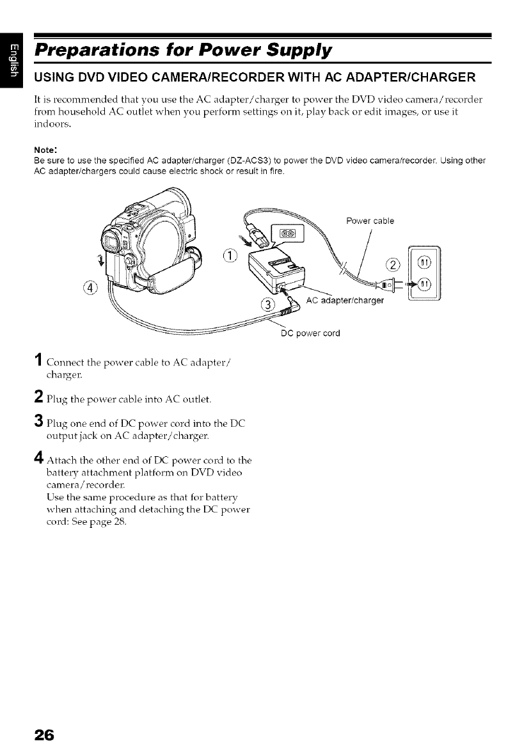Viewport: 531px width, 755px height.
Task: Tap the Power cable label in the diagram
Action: [x=370, y=221]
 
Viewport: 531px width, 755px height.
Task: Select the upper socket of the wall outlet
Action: [x=425, y=261]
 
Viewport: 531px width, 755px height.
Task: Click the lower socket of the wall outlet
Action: [x=425, y=285]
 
